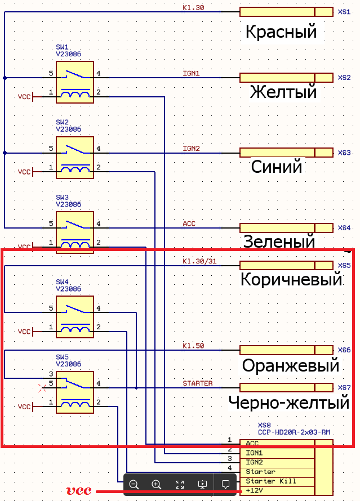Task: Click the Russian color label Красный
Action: (x=281, y=32)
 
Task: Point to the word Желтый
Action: (x=283, y=91)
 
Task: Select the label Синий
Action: (x=277, y=167)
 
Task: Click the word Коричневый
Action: (x=291, y=279)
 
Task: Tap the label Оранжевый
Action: (x=291, y=365)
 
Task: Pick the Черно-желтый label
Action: (x=289, y=403)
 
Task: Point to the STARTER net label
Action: (x=197, y=383)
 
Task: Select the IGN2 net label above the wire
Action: (x=191, y=149)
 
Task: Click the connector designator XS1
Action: (x=344, y=11)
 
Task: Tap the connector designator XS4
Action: (x=344, y=228)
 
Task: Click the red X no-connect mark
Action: (x=41, y=387)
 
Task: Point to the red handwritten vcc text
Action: (x=79, y=490)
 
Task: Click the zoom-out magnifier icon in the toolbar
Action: (x=134, y=484)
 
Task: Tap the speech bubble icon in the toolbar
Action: (x=225, y=484)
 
